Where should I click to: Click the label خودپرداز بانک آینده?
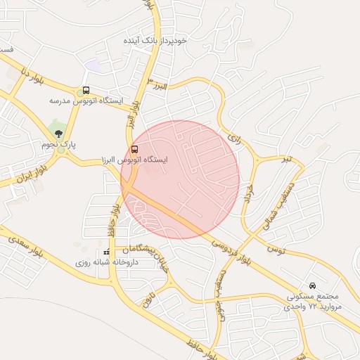tap(155, 41)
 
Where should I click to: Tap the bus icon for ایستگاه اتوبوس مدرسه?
tap(86, 90)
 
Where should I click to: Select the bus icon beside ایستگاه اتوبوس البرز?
tap(134, 149)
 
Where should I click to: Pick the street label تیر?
tap(285, 160)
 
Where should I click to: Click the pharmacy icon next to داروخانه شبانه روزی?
tap(106, 252)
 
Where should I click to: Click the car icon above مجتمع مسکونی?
tap(312, 286)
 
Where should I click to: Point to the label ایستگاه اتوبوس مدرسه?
tap(86, 101)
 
